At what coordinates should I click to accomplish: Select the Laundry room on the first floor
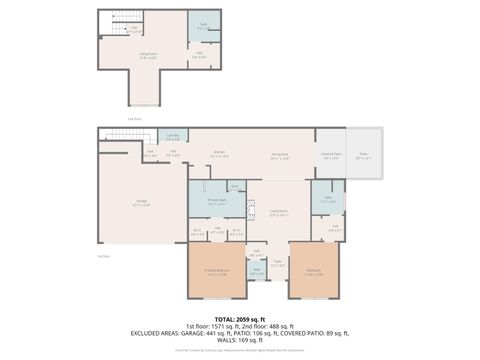(172, 137)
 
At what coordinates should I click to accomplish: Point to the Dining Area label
(279, 154)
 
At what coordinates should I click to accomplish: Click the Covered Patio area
(331, 155)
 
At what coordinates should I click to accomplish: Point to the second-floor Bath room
(203, 26)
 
